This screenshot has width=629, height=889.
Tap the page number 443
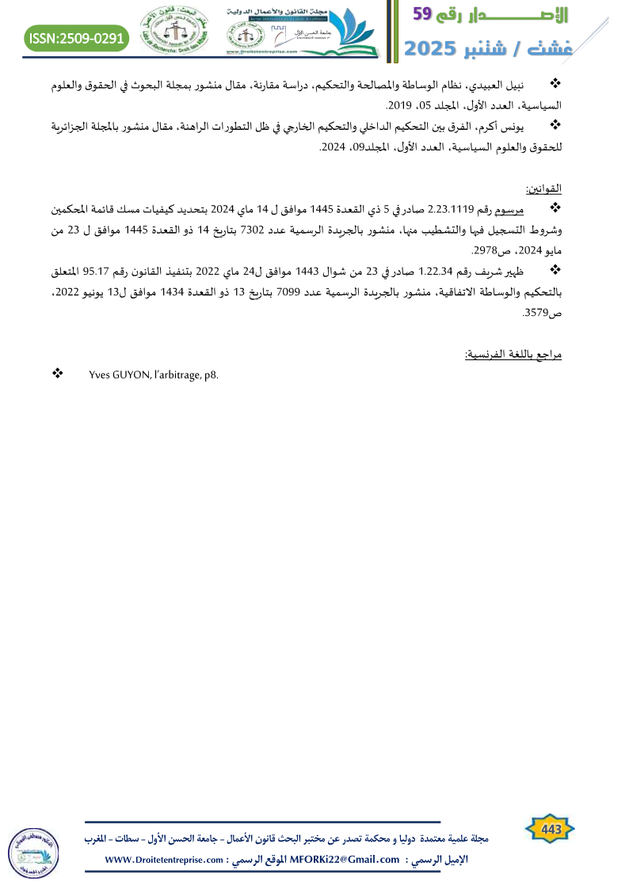tap(549, 829)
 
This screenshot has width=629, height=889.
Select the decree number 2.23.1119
tap(450, 209)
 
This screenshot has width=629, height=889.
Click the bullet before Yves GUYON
tap(57, 373)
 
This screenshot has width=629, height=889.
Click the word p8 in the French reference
tap(211, 374)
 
